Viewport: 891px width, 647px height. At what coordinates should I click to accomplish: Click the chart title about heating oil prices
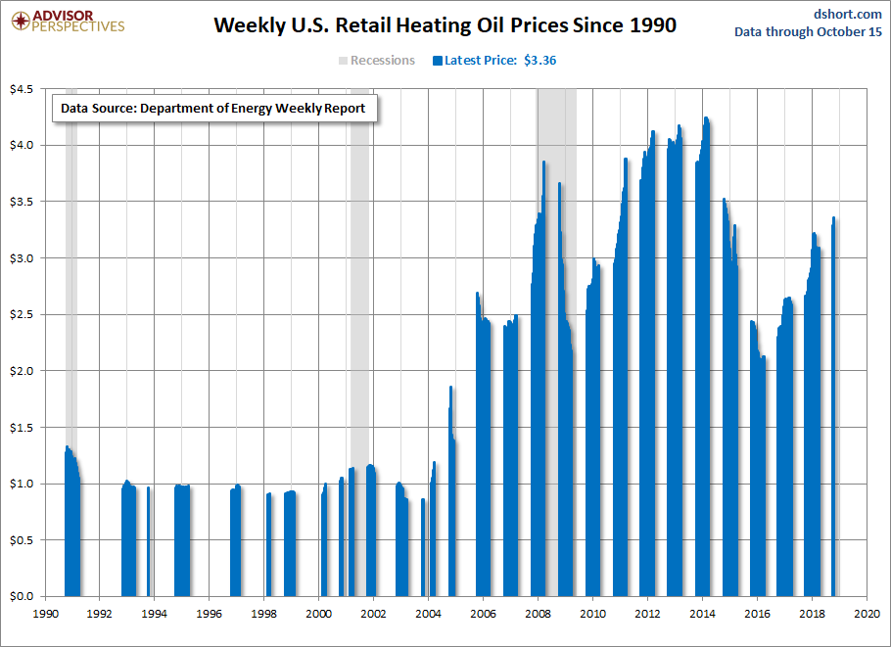point(445,25)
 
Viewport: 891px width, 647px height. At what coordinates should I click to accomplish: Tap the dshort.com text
point(847,14)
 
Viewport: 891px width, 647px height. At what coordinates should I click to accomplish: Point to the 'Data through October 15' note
point(808,32)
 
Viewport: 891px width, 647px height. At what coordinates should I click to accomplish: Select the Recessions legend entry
point(377,61)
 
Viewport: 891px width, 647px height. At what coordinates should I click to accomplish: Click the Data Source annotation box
point(212,109)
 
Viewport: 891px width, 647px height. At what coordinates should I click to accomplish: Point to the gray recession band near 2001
point(359,294)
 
